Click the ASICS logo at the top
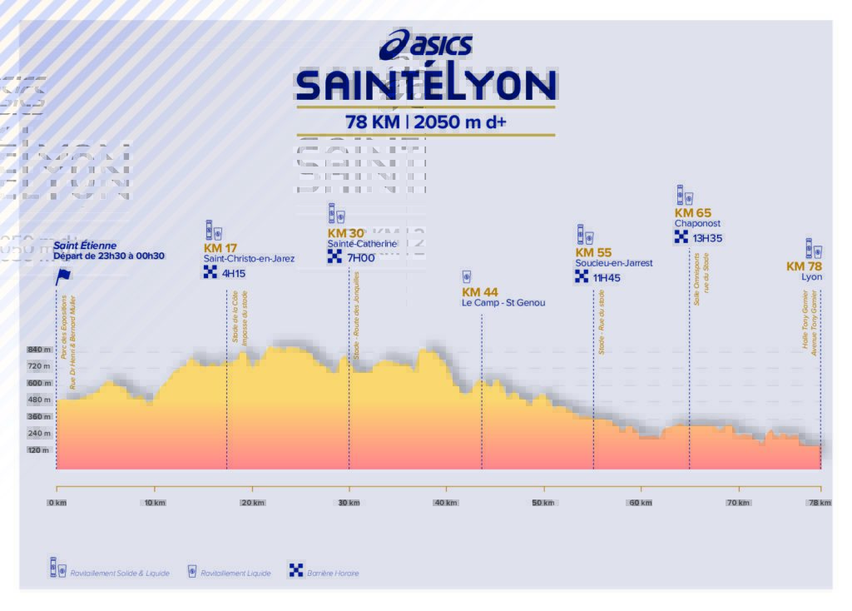pyautogui.click(x=426, y=45)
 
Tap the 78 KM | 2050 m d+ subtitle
pyautogui.click(x=426, y=122)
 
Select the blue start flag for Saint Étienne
pyautogui.click(x=62, y=276)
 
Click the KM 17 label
pyautogui.click(x=220, y=248)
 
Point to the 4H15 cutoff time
pyautogui.click(x=234, y=273)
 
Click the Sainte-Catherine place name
pyautogui.click(x=362, y=244)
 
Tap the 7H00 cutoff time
pyautogui.click(x=361, y=258)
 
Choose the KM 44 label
pyautogui.click(x=480, y=292)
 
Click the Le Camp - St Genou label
pyautogui.click(x=503, y=303)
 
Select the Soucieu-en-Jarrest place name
pyautogui.click(x=614, y=263)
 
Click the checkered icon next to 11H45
pyautogui.click(x=582, y=277)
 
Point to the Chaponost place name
pyautogui.click(x=697, y=224)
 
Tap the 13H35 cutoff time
pyautogui.click(x=707, y=239)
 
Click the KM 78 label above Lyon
pyautogui.click(x=804, y=266)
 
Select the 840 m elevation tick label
pyautogui.click(x=39, y=350)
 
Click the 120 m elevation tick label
pyautogui.click(x=39, y=450)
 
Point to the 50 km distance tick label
pyautogui.click(x=543, y=503)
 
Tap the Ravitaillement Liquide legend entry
pyautogui.click(x=235, y=574)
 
